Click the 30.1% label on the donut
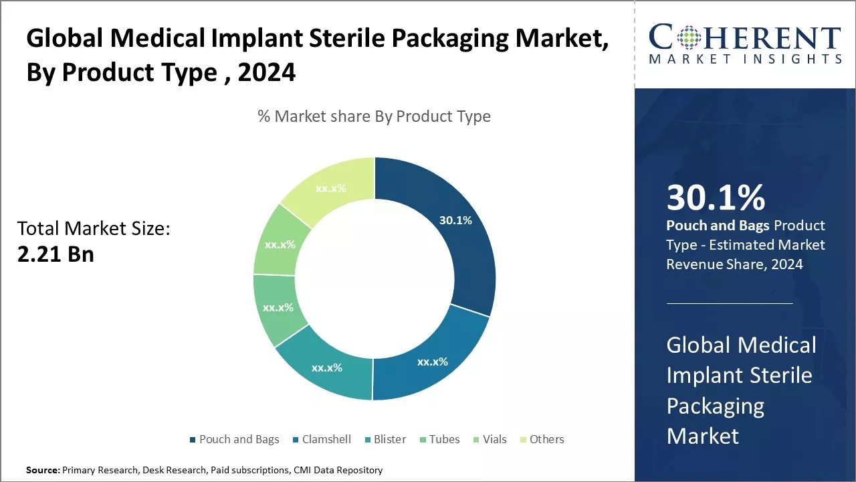[x=455, y=220]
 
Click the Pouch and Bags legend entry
[x=239, y=439]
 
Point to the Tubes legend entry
[x=444, y=439]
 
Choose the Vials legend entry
[x=494, y=439]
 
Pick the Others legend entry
[x=546, y=439]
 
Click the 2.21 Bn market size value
[x=56, y=254]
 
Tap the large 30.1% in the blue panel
[x=716, y=197]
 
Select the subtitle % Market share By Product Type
[x=374, y=116]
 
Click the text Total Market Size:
[x=94, y=229]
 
